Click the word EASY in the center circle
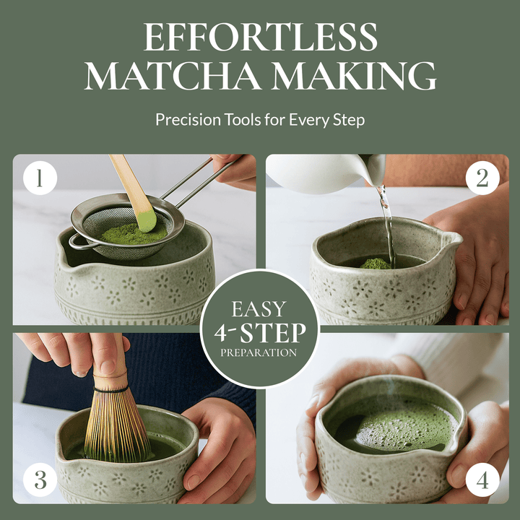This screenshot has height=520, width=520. (259, 310)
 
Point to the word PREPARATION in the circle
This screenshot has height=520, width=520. (259, 353)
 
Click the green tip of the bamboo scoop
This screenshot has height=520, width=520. (147, 219)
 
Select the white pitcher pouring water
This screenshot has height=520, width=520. (318, 173)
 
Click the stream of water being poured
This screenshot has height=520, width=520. (386, 224)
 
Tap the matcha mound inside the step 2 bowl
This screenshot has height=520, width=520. (376, 264)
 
